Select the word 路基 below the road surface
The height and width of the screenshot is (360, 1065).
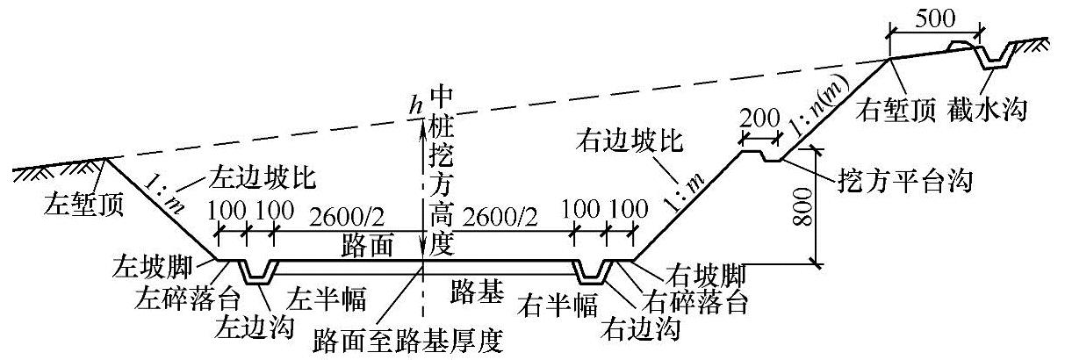click(x=479, y=291)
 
